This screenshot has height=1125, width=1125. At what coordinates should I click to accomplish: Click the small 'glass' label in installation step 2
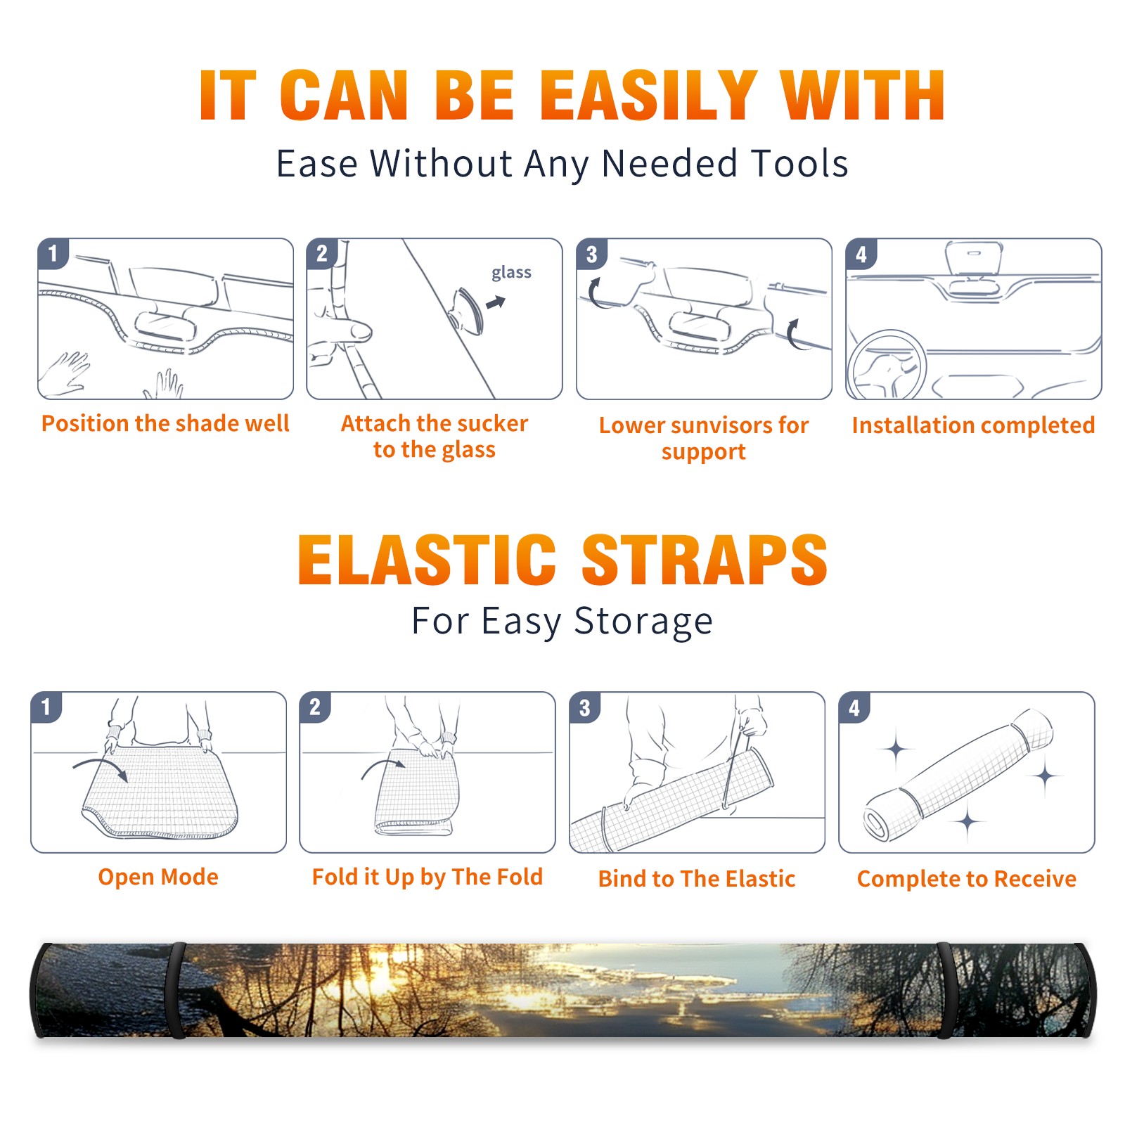(511, 273)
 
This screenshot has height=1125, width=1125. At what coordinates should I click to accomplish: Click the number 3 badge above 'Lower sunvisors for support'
(591, 254)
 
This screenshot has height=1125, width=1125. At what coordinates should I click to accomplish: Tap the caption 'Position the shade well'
(165, 423)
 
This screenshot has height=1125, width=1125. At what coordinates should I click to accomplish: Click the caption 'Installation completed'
(973, 425)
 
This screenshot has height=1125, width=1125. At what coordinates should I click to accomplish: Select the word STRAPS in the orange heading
(705, 560)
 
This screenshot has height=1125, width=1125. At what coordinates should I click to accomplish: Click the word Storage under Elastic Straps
(643, 622)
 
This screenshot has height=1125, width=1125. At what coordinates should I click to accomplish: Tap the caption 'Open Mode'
(158, 877)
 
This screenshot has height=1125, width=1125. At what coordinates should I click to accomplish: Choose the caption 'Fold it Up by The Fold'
(427, 877)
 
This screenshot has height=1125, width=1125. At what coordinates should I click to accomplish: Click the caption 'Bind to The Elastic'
(697, 879)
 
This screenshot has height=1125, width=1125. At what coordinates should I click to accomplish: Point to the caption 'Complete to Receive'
(967, 879)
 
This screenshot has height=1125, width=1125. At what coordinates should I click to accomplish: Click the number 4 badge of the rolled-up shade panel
(854, 707)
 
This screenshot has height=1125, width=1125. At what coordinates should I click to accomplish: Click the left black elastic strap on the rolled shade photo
(175, 991)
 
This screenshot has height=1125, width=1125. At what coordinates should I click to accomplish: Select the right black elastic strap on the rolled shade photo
(945, 991)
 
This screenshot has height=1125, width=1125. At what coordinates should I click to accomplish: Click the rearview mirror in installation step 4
(974, 258)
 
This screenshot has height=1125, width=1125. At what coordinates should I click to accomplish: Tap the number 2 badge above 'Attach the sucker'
(322, 254)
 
